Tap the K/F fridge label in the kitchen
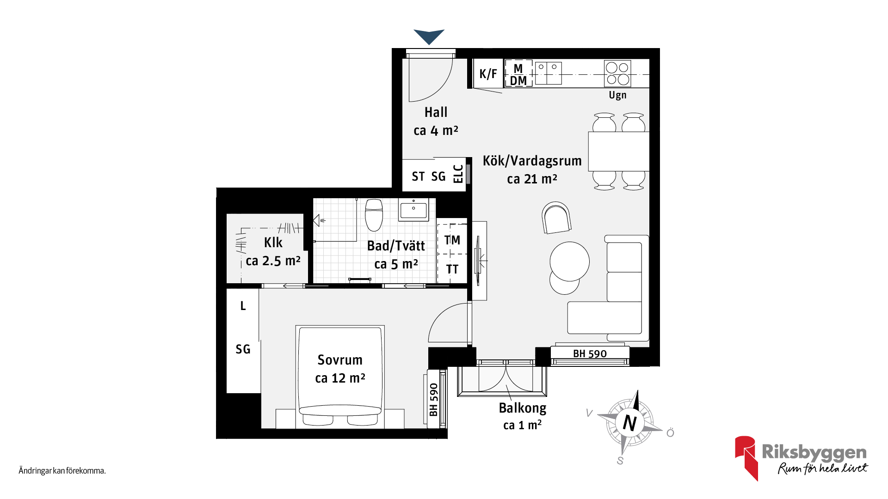tap(488, 73)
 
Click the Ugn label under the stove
tap(617, 95)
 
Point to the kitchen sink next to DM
tap(548, 73)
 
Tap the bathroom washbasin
tap(413, 210)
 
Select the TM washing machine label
tap(452, 240)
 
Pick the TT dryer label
tap(452, 269)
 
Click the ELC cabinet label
tap(458, 174)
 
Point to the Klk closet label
tap(273, 243)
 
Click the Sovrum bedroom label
tap(340, 360)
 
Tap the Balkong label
tap(523, 408)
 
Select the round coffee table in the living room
tap(570, 262)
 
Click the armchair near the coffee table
tap(556, 218)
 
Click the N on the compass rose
tap(630, 423)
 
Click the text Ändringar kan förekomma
tap(62, 471)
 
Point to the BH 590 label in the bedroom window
tap(433, 400)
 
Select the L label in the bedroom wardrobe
tap(243, 306)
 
